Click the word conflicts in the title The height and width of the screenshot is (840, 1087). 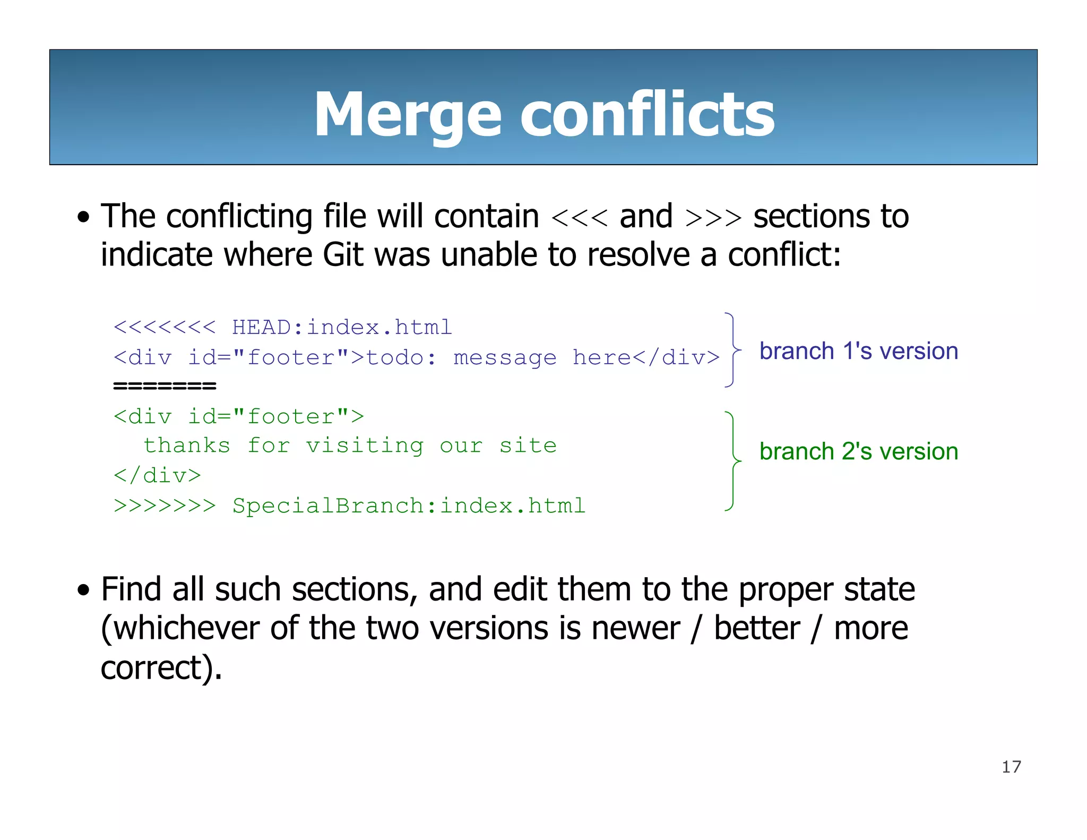(647, 115)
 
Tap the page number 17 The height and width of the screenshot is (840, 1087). (1011, 767)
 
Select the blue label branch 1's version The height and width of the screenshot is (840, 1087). (858, 352)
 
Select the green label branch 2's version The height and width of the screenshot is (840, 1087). (858, 451)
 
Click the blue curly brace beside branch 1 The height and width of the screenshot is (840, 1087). (732, 350)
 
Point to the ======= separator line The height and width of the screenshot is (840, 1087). (165, 386)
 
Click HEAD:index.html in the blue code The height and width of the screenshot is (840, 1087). (342, 328)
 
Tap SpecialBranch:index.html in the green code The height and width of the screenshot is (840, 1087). (409, 506)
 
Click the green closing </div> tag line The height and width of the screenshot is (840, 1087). (158, 476)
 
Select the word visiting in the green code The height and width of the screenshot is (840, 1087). (365, 445)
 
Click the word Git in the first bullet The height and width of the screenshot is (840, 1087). (343, 255)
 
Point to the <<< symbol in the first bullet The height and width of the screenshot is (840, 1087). (579, 218)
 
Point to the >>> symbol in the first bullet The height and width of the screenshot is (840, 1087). (713, 218)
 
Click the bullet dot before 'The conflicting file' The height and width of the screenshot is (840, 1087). (83, 217)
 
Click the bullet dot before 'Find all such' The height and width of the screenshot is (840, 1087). (83, 590)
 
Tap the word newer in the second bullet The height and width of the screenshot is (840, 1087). (635, 628)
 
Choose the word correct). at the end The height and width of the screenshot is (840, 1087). (161, 668)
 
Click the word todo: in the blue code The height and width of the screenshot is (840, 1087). (401, 358)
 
